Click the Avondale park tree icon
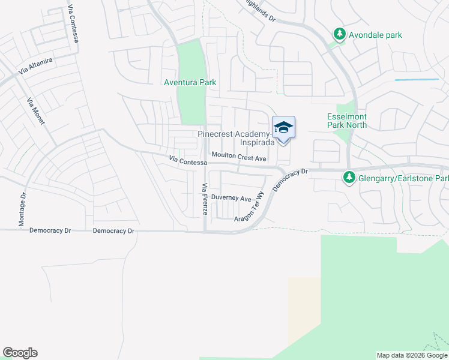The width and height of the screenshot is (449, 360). [340, 35]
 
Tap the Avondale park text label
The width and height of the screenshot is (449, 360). [377, 35]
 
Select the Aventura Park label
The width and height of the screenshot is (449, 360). [190, 82]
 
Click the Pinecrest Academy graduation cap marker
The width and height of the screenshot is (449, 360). [283, 128]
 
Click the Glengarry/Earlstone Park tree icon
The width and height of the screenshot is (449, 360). [349, 178]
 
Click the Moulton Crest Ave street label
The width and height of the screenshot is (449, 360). [238, 158]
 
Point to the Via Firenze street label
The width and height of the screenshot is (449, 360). [205, 199]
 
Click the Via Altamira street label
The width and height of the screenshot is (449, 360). [36, 65]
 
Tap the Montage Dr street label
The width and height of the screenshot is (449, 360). [23, 209]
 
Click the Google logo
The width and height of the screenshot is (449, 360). [20, 353]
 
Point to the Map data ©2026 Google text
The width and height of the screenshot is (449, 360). [411, 355]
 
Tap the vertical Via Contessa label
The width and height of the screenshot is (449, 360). [74, 23]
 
